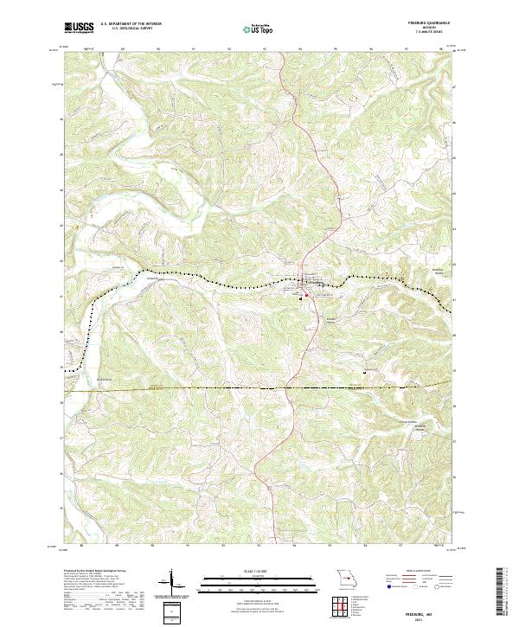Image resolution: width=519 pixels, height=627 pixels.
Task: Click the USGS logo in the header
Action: click(x=79, y=28)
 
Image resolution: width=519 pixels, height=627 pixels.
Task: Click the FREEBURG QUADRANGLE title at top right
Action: click(x=429, y=23)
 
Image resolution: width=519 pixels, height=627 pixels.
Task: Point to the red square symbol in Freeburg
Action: click(x=305, y=295)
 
